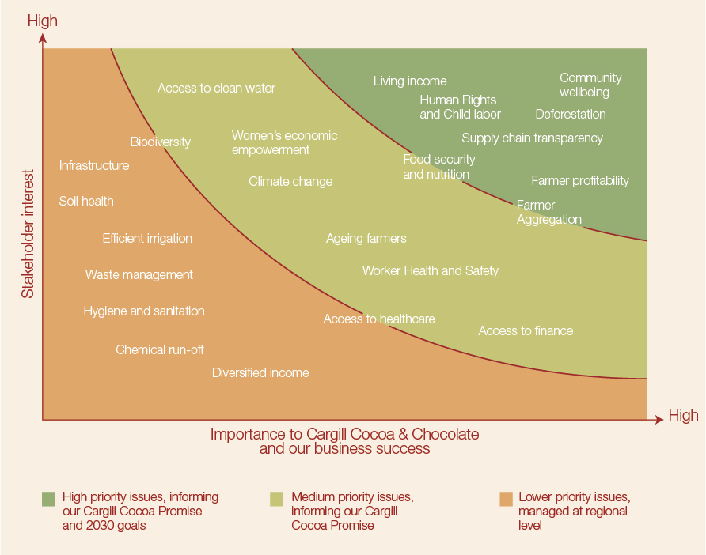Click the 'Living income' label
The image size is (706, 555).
point(410,81)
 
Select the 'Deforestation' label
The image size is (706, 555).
point(571,114)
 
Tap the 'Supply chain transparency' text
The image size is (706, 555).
point(532,138)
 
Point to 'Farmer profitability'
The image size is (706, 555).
point(580,180)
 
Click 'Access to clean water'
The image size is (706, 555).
point(216,88)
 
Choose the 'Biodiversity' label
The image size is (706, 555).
point(161,142)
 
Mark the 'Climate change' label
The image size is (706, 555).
point(290,181)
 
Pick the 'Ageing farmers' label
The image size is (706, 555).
point(366,238)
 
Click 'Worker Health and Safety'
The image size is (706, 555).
point(431,270)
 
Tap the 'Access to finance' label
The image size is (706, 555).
point(526,330)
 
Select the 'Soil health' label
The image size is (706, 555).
point(86,201)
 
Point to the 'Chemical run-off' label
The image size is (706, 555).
point(160,349)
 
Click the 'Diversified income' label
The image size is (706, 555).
point(260,372)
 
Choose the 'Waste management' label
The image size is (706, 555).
point(139,274)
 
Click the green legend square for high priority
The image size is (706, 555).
point(48,499)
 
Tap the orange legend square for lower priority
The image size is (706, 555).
point(506,499)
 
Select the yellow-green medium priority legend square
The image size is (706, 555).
point(276,499)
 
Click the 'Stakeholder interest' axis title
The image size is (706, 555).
point(28,233)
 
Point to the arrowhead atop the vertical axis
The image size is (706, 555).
point(44,37)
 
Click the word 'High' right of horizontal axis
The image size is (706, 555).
point(683,415)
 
